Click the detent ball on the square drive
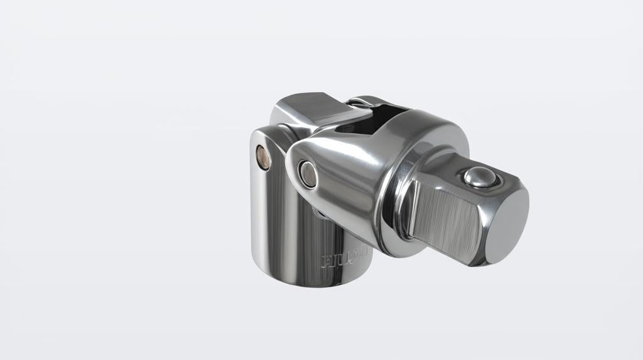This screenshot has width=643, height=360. [x=480, y=178]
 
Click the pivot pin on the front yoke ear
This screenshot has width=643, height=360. [x=308, y=173]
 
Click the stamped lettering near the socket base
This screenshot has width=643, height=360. [x=343, y=259]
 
